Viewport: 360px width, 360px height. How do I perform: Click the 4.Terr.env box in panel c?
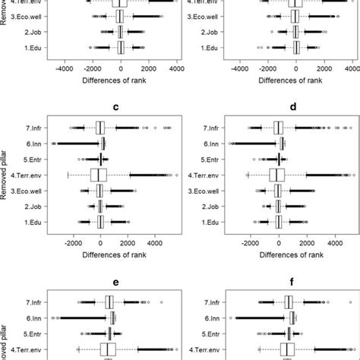(x=99, y=175)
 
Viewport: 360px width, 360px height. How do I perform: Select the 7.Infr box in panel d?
(x=278, y=128)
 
